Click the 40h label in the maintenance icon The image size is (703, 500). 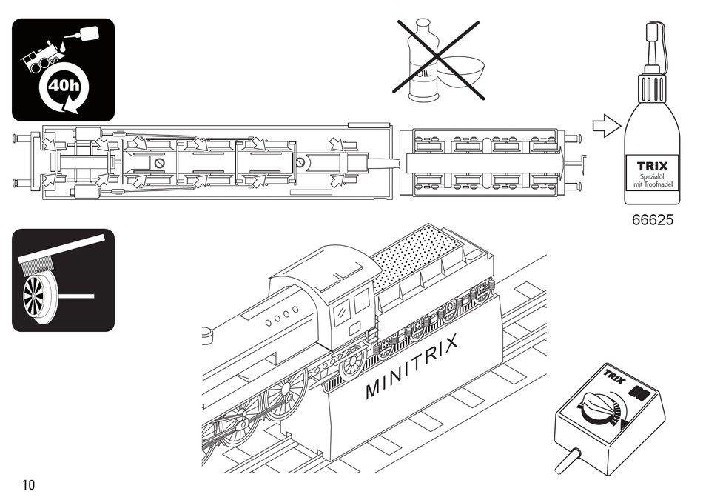coord(63,85)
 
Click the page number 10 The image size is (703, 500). coord(29,485)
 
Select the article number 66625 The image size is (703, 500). coord(653,221)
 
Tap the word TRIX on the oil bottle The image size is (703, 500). coord(652,167)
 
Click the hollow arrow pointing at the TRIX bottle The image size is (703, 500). coord(607,126)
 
